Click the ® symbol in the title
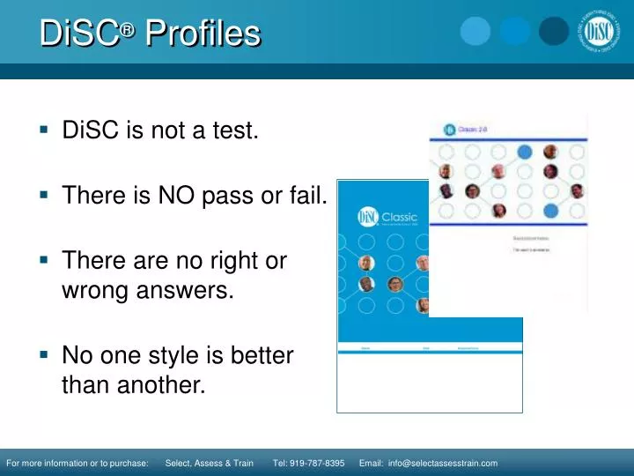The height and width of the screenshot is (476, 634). coord(129,28)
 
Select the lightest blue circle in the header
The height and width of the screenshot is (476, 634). coord(475,32)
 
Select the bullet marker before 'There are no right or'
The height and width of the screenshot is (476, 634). coord(42,260)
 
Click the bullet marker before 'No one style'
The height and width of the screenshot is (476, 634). coord(42,354)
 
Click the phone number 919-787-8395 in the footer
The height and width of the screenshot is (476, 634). coord(308,464)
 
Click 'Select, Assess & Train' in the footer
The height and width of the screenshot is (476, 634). coord(210,464)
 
